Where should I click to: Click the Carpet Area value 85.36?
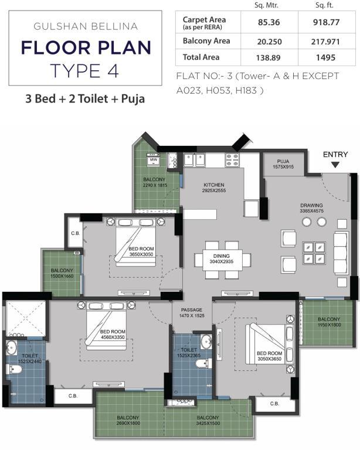pos(269,22)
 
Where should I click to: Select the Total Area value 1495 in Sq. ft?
pos(325,57)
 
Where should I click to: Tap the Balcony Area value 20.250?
pos(269,42)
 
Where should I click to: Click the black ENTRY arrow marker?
pos(335,165)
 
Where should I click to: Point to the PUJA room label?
pos(283,161)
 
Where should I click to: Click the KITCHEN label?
pos(214,185)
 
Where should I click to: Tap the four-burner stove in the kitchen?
pos(232,159)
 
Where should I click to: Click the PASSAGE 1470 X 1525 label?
pos(192,313)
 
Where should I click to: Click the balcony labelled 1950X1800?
pos(327,322)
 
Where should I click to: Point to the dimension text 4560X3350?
pos(113,337)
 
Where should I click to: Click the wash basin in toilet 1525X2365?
pos(206,341)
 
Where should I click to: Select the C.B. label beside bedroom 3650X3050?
pos(76,233)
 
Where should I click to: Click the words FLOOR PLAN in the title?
pos(86,47)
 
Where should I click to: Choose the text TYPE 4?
pos(84,70)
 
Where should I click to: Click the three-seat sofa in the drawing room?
pos(341,254)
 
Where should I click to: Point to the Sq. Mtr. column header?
pos(266,5)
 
